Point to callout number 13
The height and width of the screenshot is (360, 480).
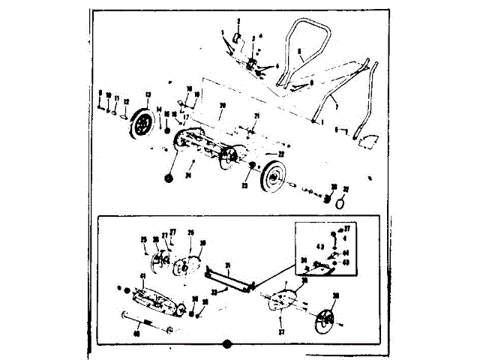pos(148,95)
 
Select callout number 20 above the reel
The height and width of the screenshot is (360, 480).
pos(222,108)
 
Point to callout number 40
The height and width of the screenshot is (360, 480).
pos(136,334)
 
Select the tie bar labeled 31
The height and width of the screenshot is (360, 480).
pos(231,280)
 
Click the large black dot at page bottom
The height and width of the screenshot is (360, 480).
pos(226,345)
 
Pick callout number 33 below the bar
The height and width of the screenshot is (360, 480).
pos(214,291)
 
